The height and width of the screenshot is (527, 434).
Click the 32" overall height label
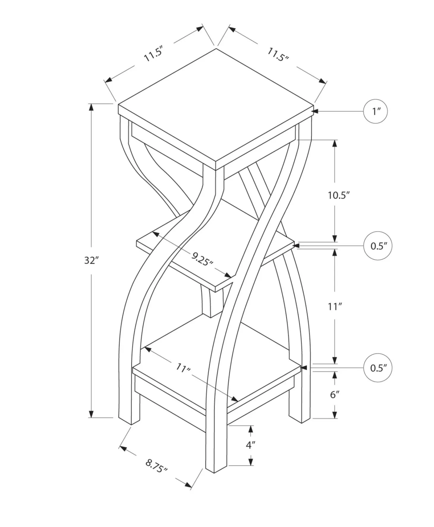point(91,260)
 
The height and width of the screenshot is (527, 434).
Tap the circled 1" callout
point(375,112)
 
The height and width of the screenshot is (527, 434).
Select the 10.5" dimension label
point(339,195)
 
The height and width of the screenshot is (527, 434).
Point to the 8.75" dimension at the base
point(156,466)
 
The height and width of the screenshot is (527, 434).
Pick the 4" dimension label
point(251,445)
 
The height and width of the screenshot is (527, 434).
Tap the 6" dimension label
point(335,395)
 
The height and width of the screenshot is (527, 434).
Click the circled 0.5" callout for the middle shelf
point(378,246)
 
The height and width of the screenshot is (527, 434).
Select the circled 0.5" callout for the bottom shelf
point(378,368)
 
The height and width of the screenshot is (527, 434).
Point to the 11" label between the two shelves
point(335,306)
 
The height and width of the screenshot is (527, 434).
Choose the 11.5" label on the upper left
point(153,54)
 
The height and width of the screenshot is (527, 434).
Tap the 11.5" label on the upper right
point(278,55)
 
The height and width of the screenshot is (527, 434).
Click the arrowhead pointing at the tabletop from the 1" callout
point(316,112)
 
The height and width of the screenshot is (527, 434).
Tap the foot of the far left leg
point(129,420)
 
